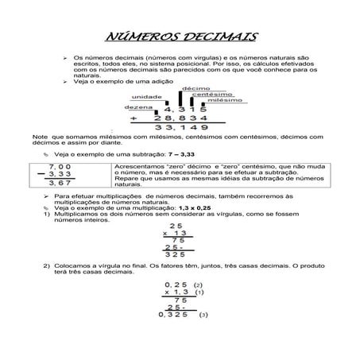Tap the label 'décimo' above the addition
click(x=195, y=87)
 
